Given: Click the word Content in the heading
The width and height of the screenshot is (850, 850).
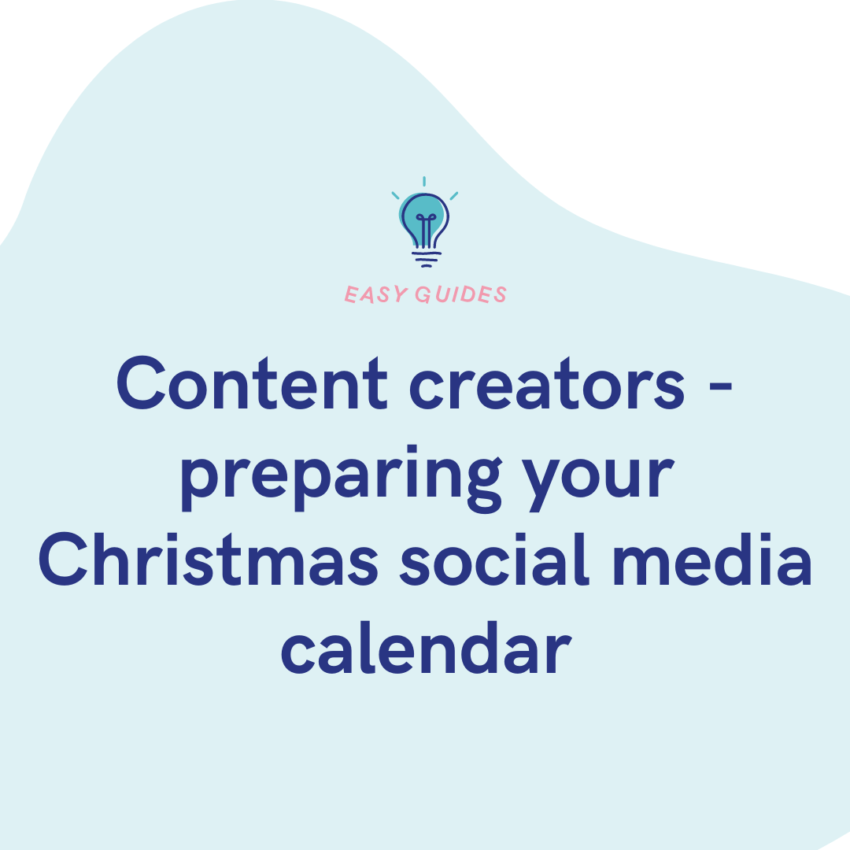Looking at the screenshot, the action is tap(252, 382).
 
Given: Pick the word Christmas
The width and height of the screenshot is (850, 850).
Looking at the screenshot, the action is tap(208, 560).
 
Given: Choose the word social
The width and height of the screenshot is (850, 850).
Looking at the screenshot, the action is tap(494, 560).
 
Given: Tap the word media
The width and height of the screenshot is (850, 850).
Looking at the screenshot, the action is tap(712, 560).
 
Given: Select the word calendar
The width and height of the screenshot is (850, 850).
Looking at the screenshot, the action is tap(426, 648).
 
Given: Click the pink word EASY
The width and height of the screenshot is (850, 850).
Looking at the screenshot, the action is tap(375, 295).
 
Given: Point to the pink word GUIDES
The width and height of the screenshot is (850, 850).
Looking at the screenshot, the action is tap(460, 295).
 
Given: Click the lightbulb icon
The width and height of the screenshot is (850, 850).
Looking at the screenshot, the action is tap(425, 222).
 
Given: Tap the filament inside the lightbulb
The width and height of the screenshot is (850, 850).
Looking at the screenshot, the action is tap(427, 231).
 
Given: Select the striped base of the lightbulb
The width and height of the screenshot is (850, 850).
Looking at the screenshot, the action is tap(427, 259).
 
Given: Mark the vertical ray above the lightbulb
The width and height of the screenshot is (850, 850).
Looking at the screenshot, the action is tap(424, 181).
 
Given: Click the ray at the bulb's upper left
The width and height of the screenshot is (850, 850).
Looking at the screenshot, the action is tap(395, 196).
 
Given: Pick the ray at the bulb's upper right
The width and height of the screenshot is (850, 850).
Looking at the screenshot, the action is tap(454, 196).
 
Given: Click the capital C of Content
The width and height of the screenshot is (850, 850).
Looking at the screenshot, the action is tap(141, 383).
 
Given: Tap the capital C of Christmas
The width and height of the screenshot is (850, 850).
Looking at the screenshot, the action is tap(62, 560).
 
